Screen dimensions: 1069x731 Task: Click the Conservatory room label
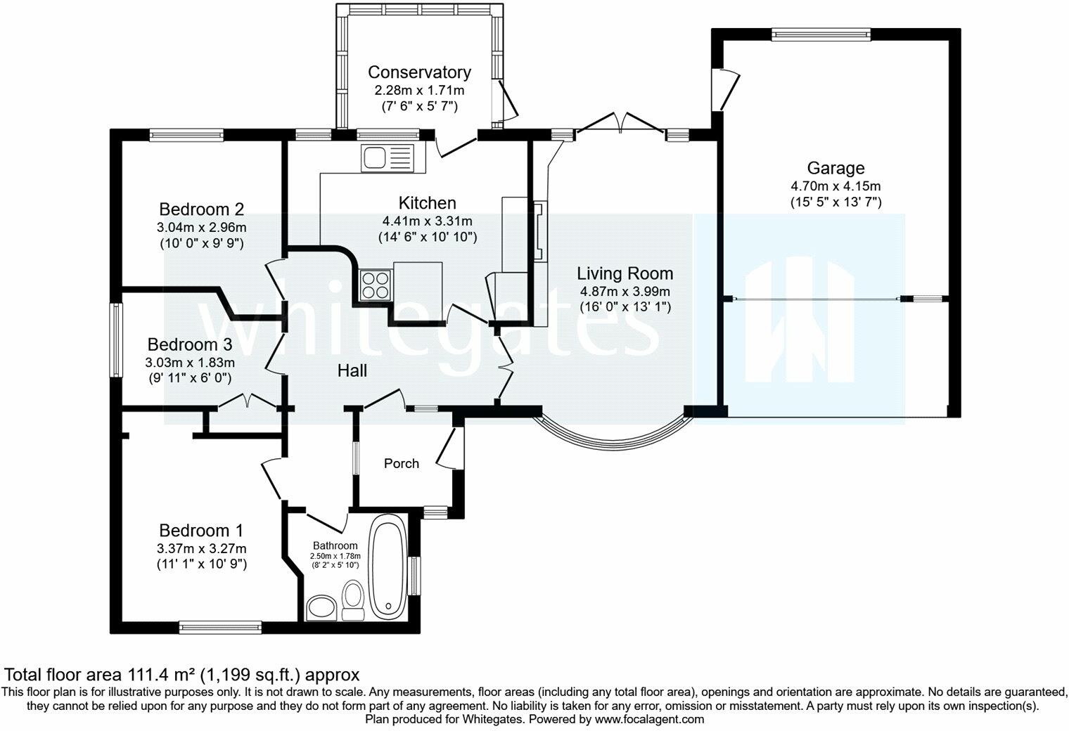point(419,72)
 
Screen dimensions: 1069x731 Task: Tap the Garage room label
point(836,168)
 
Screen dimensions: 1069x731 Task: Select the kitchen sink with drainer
point(388,157)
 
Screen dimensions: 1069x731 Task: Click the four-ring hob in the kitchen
point(375,285)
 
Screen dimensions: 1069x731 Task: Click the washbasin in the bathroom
point(321,607)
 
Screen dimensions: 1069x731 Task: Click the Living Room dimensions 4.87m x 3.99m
point(625,292)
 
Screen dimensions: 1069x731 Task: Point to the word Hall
point(352,371)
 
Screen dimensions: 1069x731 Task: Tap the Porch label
point(402,463)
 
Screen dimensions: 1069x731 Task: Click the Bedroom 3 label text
point(190,344)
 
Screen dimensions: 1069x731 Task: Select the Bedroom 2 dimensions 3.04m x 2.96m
point(201,228)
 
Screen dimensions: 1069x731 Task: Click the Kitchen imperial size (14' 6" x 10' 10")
point(428,238)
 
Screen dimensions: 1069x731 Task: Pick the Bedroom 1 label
point(201,530)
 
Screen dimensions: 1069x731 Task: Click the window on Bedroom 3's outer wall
point(116,340)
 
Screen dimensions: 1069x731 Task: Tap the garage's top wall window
point(821,34)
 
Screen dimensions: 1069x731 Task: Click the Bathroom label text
point(335,545)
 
